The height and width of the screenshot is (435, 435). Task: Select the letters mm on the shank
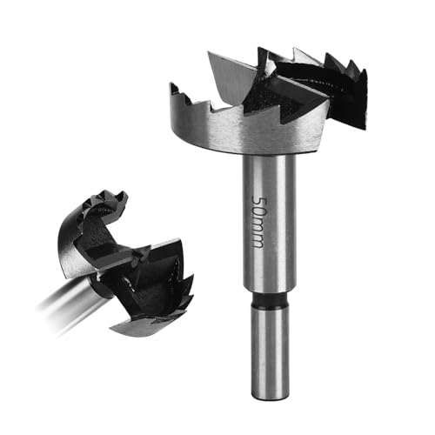point(258,233)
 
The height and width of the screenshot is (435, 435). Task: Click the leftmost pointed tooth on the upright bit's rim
point(175,89)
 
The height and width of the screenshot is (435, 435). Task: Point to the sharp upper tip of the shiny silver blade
point(210,55)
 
